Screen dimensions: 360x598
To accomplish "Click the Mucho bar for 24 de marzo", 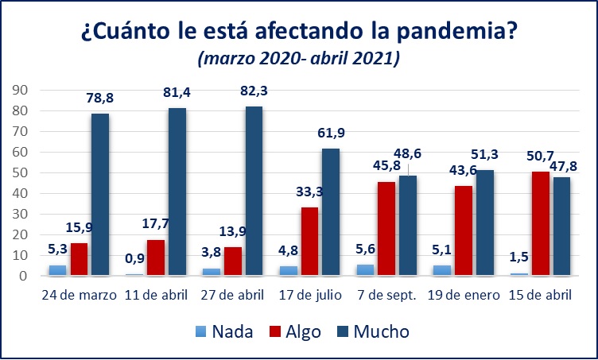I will [100, 195].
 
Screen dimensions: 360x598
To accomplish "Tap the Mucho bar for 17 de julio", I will [331, 212].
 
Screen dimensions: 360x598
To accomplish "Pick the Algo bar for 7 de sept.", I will [386, 229].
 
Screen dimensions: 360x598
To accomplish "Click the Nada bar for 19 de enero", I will [442, 271].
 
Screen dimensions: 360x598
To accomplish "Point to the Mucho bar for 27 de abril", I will [254, 192].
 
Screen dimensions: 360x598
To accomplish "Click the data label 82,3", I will [254, 91].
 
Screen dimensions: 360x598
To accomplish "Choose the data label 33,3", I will [309, 193].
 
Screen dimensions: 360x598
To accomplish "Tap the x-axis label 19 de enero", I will [464, 296].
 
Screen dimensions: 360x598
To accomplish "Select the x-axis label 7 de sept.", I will [386, 296].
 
